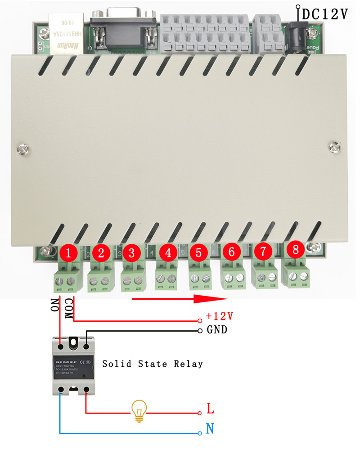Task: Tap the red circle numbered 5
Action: [198, 253]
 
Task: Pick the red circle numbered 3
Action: [131, 253]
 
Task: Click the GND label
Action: [217, 330]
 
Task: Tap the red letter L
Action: [210, 409]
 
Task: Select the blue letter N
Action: [210, 428]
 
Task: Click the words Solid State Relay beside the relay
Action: [153, 364]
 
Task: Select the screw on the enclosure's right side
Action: [334, 147]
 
